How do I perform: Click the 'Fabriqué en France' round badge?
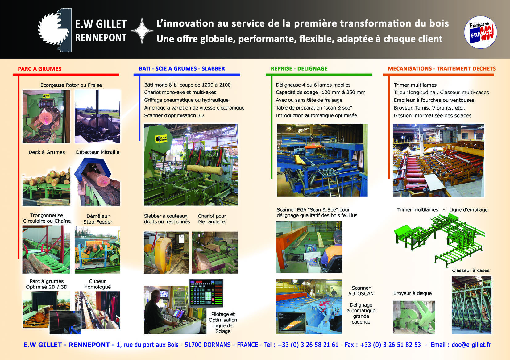tap(480, 32)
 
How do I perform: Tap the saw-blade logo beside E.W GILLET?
tap(55, 30)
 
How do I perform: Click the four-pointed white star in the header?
tap(142, 31)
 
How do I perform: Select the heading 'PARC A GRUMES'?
tap(39, 69)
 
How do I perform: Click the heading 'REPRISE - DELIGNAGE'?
tap(299, 68)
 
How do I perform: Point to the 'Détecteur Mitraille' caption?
tap(97, 152)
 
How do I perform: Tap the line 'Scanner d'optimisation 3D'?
tap(174, 115)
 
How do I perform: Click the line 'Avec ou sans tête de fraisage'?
tap(309, 100)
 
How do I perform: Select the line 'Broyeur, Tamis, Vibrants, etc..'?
tap(429, 108)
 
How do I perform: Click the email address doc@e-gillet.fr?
tap(471, 345)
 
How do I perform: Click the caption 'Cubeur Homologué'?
tap(97, 284)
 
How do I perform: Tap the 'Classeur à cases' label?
tap(471, 270)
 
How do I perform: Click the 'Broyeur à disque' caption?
tap(412, 293)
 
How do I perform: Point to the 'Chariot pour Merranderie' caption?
tap(212, 219)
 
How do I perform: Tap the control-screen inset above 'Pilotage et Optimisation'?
tap(206, 293)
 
